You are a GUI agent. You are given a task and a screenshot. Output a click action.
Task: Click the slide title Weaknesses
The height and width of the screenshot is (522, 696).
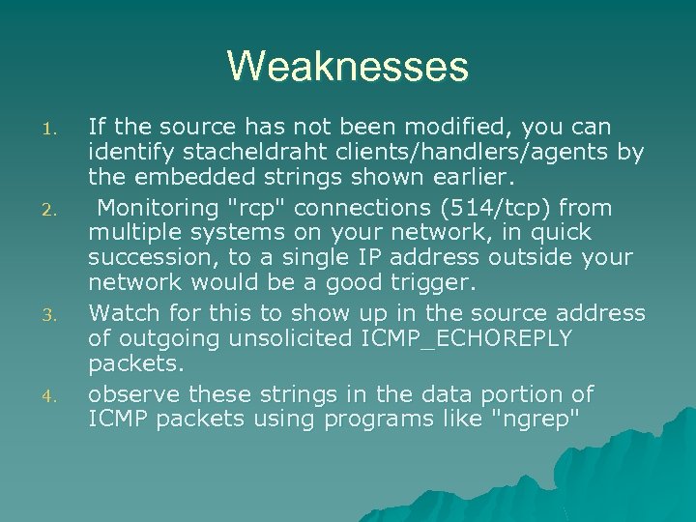point(348,67)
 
